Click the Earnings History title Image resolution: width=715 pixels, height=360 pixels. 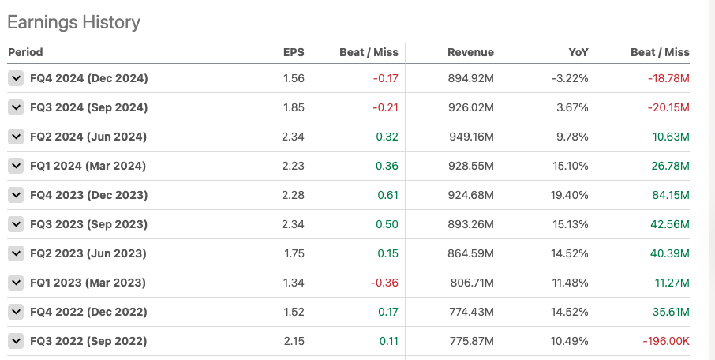(x=73, y=22)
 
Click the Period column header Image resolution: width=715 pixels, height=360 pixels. (x=25, y=52)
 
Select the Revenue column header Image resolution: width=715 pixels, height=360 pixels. (x=470, y=52)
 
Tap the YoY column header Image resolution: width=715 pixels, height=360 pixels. (x=578, y=52)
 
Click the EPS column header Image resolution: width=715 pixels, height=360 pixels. (x=294, y=52)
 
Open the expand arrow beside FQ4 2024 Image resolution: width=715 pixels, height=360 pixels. (x=16, y=78)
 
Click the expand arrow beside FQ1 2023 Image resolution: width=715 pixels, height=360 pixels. (x=16, y=283)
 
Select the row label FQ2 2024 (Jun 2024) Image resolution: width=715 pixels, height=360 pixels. (x=87, y=137)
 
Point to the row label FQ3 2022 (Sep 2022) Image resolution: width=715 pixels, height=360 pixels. (x=88, y=341)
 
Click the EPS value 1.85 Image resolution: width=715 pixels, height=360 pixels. (x=293, y=107)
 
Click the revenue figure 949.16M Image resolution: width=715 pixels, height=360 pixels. (x=470, y=137)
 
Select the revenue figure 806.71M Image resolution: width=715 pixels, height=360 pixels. (x=470, y=283)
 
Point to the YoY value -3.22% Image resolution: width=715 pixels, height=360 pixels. (x=569, y=78)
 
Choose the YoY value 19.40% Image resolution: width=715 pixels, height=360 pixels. (x=570, y=195)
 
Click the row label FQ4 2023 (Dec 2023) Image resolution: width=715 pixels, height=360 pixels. (x=88, y=195)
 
